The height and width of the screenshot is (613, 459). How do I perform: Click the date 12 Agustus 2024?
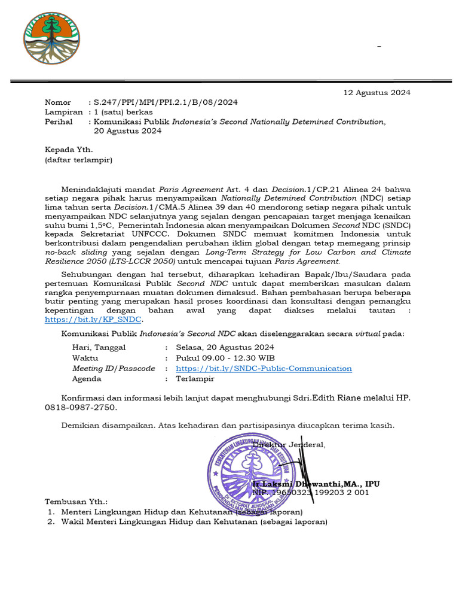click(x=377, y=92)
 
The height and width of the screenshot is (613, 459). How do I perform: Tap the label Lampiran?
click(x=64, y=112)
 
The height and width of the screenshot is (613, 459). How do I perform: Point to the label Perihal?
click(x=59, y=122)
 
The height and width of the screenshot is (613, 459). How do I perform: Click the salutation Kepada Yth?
click(x=69, y=150)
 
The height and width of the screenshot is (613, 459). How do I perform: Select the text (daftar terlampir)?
click(x=78, y=160)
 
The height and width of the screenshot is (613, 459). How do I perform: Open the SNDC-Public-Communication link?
click(x=264, y=368)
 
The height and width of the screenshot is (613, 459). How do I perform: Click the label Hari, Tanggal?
click(x=99, y=347)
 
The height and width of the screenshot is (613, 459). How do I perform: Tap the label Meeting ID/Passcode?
click(x=114, y=368)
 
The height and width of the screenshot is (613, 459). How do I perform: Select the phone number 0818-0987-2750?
click(x=81, y=407)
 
